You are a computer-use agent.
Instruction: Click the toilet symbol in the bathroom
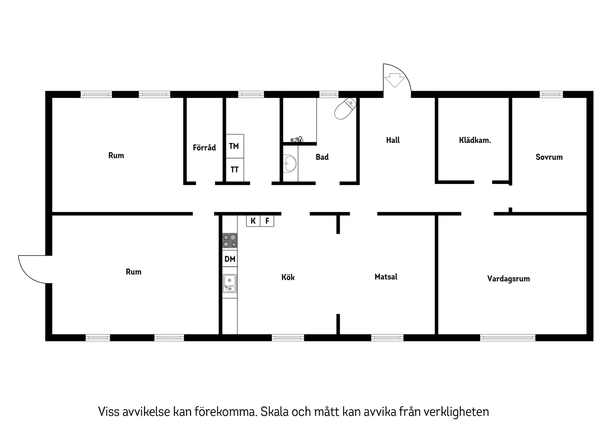pyautogui.click(x=345, y=108)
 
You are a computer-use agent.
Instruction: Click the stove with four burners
pyautogui.click(x=230, y=240)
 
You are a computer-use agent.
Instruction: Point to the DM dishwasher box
pyautogui.click(x=230, y=259)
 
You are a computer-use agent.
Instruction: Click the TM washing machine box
pyautogui.click(x=234, y=146)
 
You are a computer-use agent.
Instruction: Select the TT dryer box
pyautogui.click(x=234, y=170)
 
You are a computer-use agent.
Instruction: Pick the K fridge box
pyautogui.click(x=253, y=221)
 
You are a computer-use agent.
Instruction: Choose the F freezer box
pyautogui.click(x=267, y=221)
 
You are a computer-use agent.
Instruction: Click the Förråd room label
pyautogui.click(x=204, y=148)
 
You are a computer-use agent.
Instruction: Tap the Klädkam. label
pyautogui.click(x=475, y=140)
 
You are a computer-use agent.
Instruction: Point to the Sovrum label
pyautogui.click(x=549, y=157)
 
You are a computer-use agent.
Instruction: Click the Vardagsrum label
pyautogui.click(x=508, y=279)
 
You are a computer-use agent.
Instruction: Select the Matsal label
pyautogui.click(x=386, y=277)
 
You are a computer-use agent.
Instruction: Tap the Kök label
pyautogui.click(x=288, y=277)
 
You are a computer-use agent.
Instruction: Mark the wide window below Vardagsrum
pyautogui.click(x=508, y=338)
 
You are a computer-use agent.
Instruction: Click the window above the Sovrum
pyautogui.click(x=551, y=95)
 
